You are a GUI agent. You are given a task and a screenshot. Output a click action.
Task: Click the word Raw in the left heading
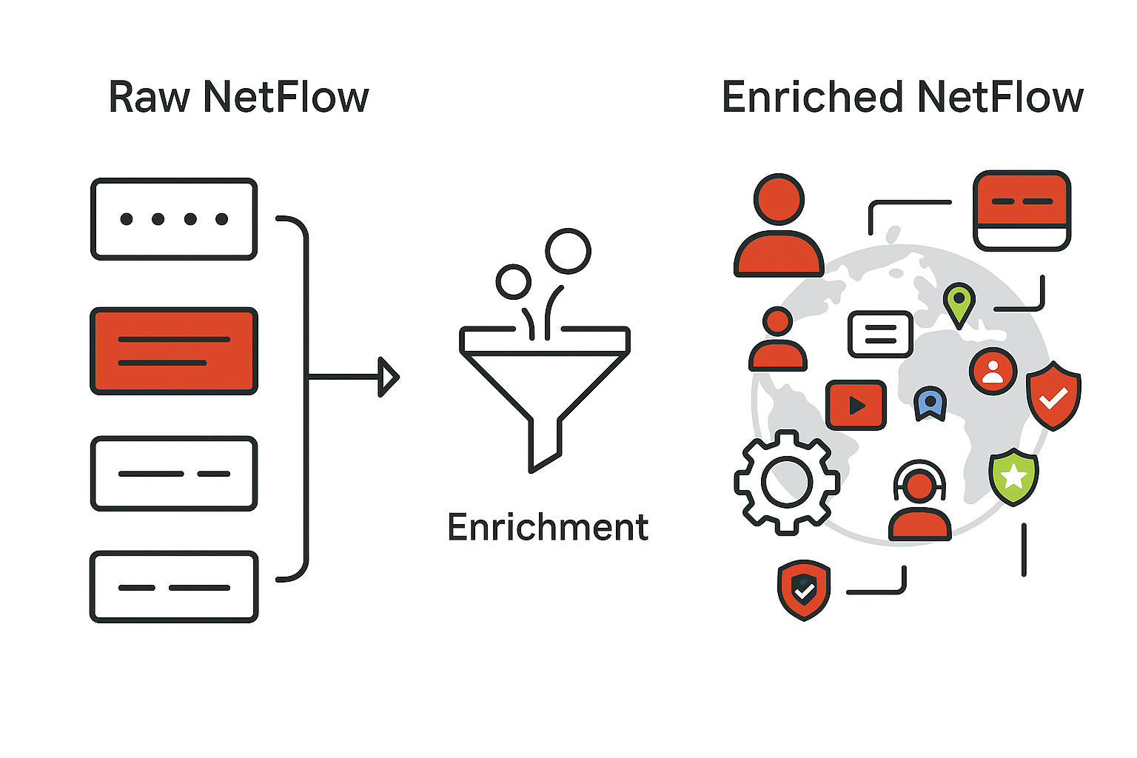(148, 98)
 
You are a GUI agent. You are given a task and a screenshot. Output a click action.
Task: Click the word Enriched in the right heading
(812, 98)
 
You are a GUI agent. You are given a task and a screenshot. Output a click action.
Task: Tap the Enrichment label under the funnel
(548, 527)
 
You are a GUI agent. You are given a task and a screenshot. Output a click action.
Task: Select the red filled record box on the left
(174, 351)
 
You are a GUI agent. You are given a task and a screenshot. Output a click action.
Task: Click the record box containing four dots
(174, 219)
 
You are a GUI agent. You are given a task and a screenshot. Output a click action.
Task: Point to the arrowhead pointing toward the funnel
(388, 377)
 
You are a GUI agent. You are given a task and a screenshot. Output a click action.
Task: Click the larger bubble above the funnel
(568, 251)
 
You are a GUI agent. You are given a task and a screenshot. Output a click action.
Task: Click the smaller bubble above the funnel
(513, 282)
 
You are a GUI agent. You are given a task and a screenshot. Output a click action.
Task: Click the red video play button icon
(856, 405)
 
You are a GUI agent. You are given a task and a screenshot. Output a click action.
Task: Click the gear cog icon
(786, 482)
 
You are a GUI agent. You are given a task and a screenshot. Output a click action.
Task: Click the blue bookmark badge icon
(930, 403)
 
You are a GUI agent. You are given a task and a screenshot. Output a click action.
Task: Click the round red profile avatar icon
(993, 371)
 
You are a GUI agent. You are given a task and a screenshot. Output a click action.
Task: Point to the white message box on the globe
(880, 334)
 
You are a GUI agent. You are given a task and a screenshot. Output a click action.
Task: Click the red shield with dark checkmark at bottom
(804, 589)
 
